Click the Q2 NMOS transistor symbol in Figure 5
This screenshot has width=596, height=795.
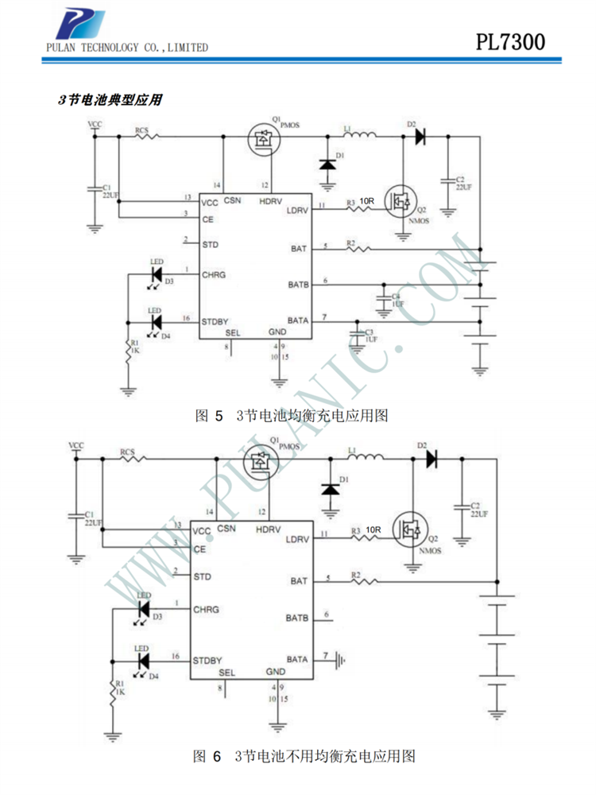tap(401, 202)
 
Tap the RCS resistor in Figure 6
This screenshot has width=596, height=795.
tap(132, 460)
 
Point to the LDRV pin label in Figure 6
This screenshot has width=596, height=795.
tap(296, 538)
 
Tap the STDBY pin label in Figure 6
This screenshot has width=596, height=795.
tap(207, 660)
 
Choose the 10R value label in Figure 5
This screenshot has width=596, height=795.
tap(366, 201)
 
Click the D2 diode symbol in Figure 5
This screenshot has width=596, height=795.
tap(419, 136)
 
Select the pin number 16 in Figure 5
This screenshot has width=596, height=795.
tap(187, 318)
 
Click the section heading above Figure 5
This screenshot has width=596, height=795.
tap(110, 100)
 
